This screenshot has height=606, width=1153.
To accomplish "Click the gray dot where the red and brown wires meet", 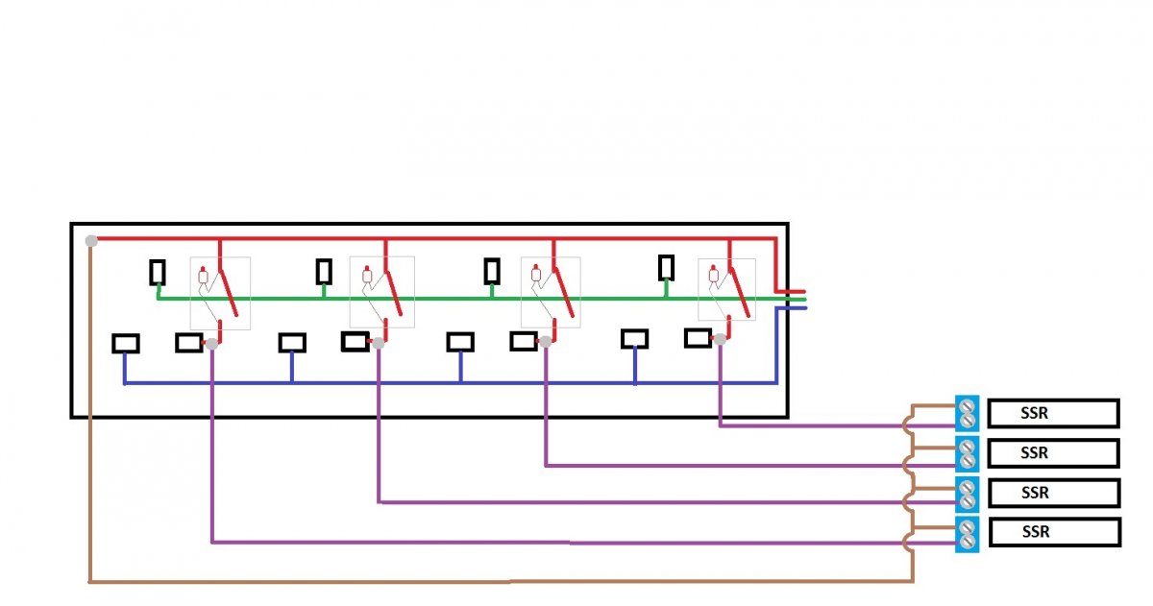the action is pos(91,240).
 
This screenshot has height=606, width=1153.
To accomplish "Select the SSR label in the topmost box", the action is pos(1034,413).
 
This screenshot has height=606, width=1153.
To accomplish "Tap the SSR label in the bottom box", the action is pos(1036,531).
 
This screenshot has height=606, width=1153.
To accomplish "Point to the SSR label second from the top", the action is pos(1034,452).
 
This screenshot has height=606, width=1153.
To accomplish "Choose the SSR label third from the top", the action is pos(1035,493).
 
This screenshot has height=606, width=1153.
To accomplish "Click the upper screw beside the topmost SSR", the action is pos(968,406).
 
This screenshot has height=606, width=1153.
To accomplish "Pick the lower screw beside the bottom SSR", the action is pos(968,542).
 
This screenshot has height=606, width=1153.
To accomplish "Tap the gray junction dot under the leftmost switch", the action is pos(211,344).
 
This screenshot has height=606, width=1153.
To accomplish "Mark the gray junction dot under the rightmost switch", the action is pos(720,339).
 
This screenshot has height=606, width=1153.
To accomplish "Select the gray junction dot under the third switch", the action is pos(545,341).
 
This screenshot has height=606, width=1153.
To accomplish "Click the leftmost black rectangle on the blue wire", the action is pos(126,344).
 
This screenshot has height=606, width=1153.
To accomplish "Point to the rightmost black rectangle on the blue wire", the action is pos(635,339).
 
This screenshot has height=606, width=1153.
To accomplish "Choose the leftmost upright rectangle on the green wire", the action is pos(158,273).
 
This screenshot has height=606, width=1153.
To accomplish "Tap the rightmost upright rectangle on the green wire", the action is pos(667,268).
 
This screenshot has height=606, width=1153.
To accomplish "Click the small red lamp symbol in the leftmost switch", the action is pos(204,276).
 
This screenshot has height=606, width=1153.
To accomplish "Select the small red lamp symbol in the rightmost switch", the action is pos(713,275).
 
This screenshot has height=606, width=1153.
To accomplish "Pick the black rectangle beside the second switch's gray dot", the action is pos(356,342).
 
